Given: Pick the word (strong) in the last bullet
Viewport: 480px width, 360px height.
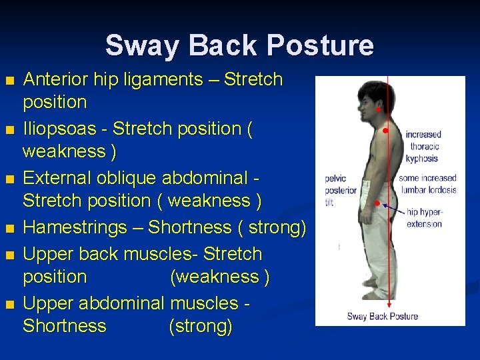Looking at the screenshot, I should coord(201,326).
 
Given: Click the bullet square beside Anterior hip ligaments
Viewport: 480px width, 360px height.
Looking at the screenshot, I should coord(9,81).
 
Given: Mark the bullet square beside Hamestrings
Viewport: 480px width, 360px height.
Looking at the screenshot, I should coord(9,229).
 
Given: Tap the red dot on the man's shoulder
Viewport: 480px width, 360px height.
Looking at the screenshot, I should coord(385,131).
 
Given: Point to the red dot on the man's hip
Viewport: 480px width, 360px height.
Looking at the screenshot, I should coord(377,202).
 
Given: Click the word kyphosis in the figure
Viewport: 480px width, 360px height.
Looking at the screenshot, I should coord(421,159).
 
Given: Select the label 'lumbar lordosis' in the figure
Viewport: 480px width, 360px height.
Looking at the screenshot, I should coord(428,190).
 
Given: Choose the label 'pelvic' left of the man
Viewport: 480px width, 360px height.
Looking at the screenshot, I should coord(335,179).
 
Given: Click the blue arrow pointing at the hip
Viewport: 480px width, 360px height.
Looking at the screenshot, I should coord(393,209).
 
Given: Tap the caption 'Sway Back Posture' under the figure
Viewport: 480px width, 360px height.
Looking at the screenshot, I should coord(382,315).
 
